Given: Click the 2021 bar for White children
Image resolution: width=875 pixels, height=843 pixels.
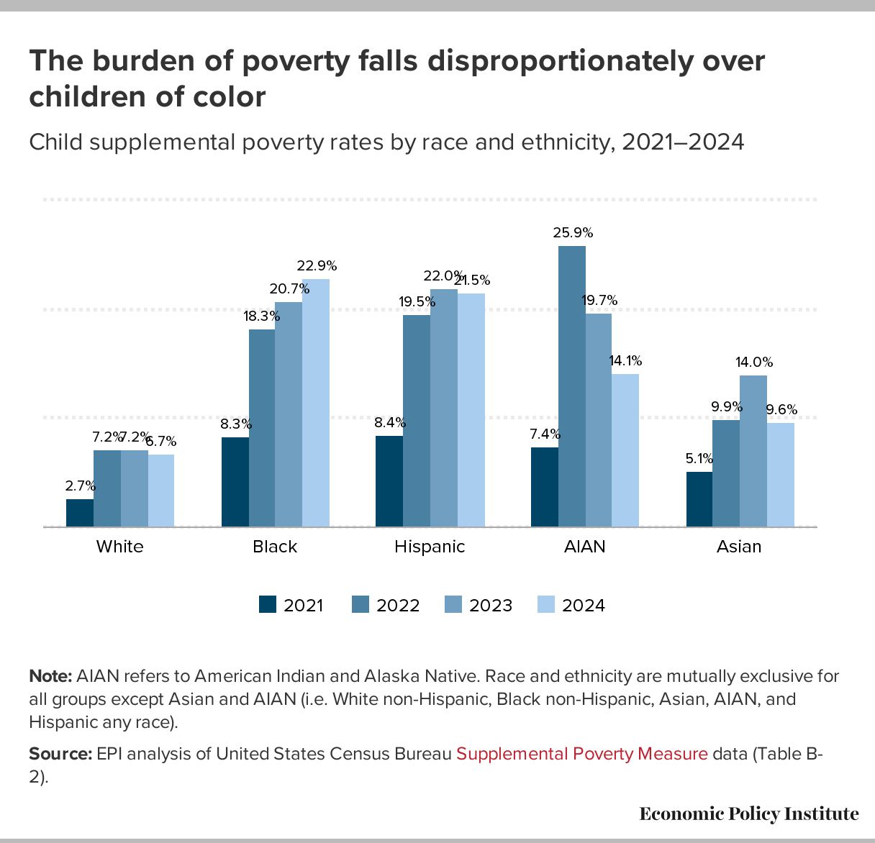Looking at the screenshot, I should tap(80, 513).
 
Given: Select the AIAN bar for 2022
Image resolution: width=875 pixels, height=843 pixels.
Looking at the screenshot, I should tap(572, 386).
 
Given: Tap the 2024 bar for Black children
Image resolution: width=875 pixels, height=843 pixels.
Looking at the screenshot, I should tap(316, 403).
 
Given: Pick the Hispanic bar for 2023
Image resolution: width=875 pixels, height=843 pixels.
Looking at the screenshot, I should tap(444, 408).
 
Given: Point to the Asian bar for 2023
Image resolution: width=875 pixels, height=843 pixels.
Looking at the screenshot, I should tap(753, 451).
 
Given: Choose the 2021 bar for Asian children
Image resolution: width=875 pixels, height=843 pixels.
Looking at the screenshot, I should tap(699, 499).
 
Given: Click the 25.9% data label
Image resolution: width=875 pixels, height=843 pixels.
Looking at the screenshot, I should tap(573, 232).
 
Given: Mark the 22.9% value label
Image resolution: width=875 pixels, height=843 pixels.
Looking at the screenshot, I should tap(317, 266).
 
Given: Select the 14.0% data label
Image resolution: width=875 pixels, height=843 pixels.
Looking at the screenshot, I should tap(754, 363).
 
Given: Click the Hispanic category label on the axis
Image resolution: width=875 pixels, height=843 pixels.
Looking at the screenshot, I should tap(430, 547).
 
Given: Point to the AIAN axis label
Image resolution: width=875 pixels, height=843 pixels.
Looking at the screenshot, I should tap(584, 547).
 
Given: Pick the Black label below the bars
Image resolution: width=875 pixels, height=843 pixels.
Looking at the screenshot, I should tap(275, 547).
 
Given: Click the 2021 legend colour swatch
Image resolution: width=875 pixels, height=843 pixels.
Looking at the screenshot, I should tap(268, 605).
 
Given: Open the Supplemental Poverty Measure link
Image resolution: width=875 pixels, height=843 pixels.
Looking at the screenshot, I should tap(582, 754).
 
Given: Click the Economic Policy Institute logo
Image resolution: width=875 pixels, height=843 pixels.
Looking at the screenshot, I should tap(748, 814).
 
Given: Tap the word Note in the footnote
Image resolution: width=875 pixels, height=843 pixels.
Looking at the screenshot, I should tap(50, 676).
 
